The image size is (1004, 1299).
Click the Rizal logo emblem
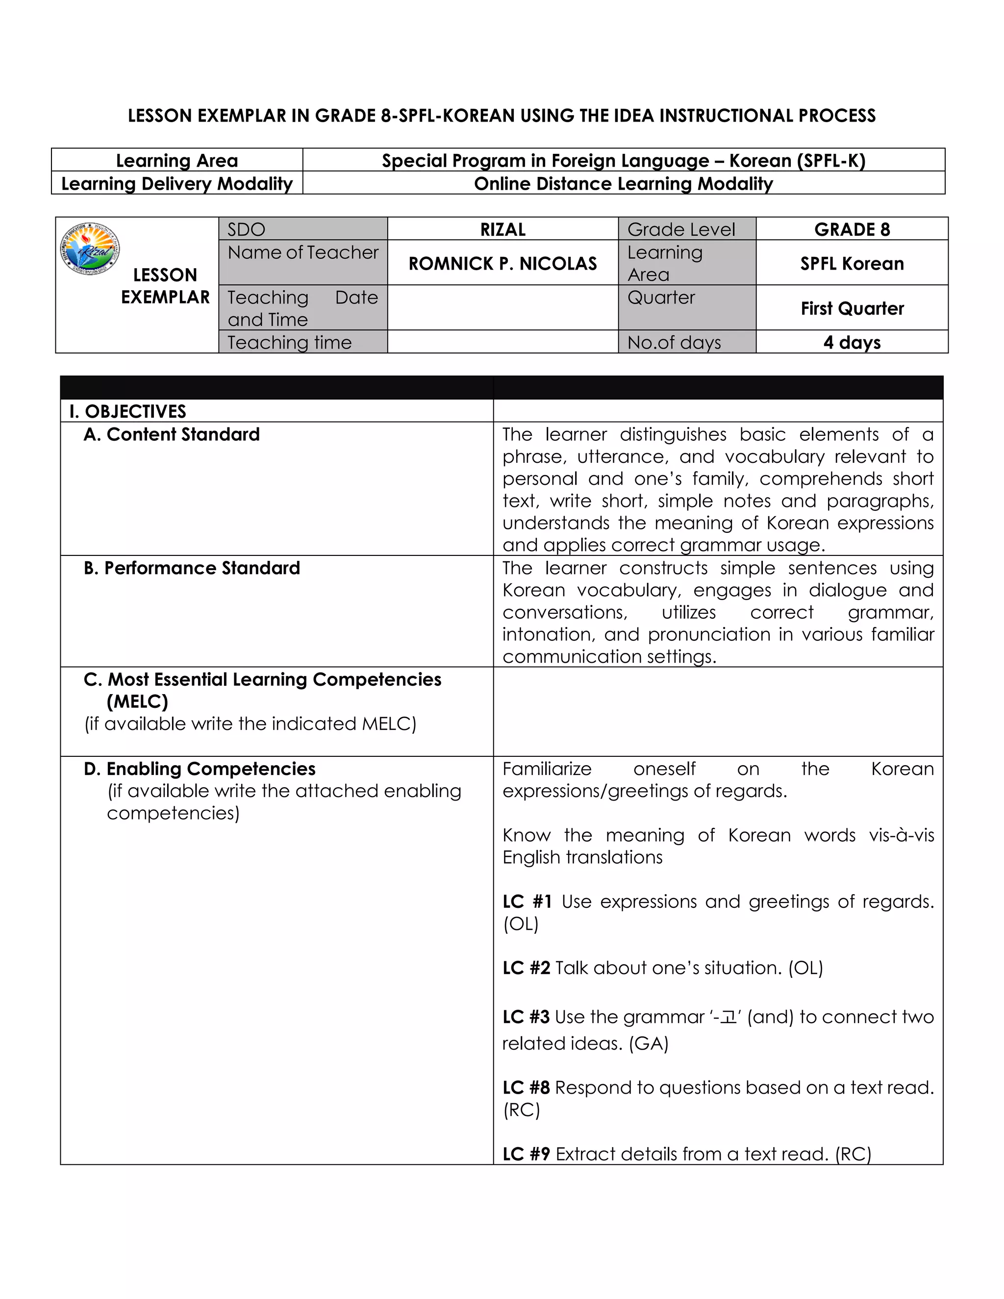point(90,249)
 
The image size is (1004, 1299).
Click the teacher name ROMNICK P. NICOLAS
point(502,264)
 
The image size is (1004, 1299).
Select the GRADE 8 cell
point(852,229)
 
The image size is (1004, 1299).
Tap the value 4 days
point(852,343)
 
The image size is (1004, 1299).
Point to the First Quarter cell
point(852,309)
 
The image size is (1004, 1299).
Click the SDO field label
point(246,229)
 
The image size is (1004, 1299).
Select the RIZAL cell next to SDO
point(502,229)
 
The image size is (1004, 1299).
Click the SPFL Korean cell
point(852,264)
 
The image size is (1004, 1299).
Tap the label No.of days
point(674,343)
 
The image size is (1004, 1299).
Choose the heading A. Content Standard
point(172,435)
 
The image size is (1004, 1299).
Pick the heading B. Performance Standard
point(192,569)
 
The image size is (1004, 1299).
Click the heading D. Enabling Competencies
point(199,769)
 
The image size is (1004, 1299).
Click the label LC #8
point(526,1088)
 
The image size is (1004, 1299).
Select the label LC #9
point(526,1154)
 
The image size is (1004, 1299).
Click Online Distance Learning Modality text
point(624,184)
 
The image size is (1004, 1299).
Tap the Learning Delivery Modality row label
point(176,184)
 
